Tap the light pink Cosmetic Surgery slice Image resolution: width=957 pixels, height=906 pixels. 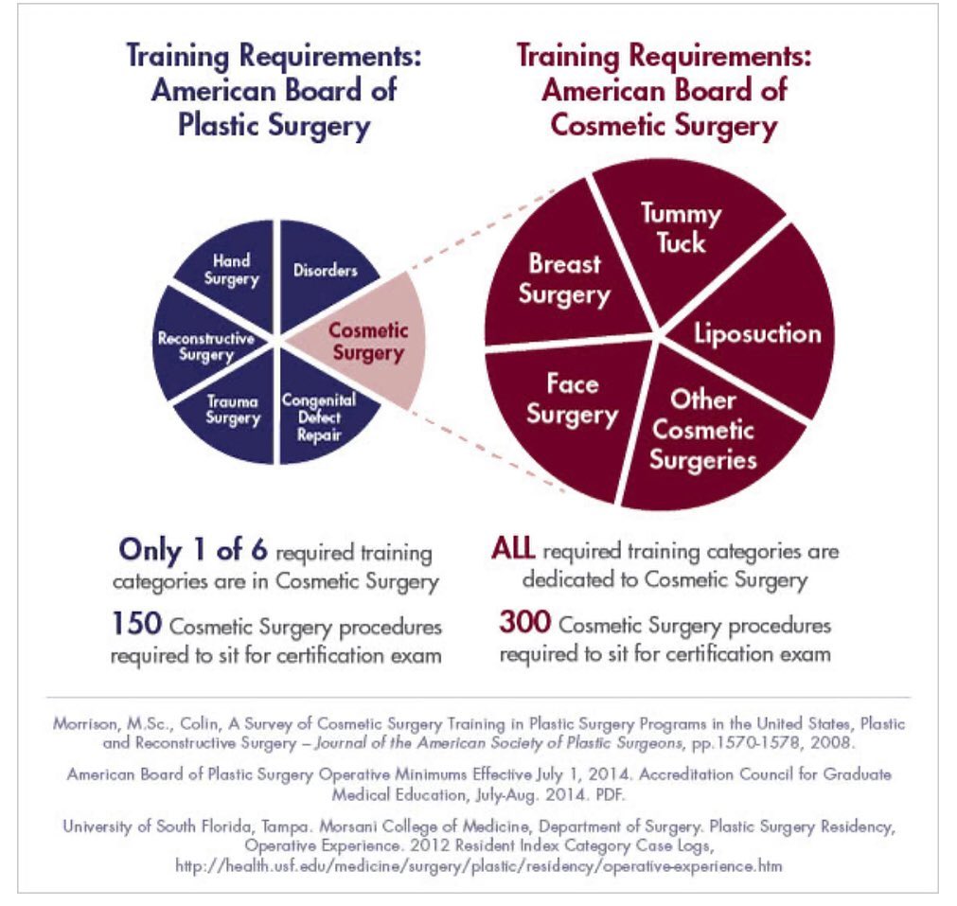coord(364,341)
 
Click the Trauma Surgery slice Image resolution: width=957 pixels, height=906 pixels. coord(232,409)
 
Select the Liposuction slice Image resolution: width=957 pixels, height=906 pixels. coord(757,333)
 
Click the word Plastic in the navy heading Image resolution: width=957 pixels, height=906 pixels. coord(223,126)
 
